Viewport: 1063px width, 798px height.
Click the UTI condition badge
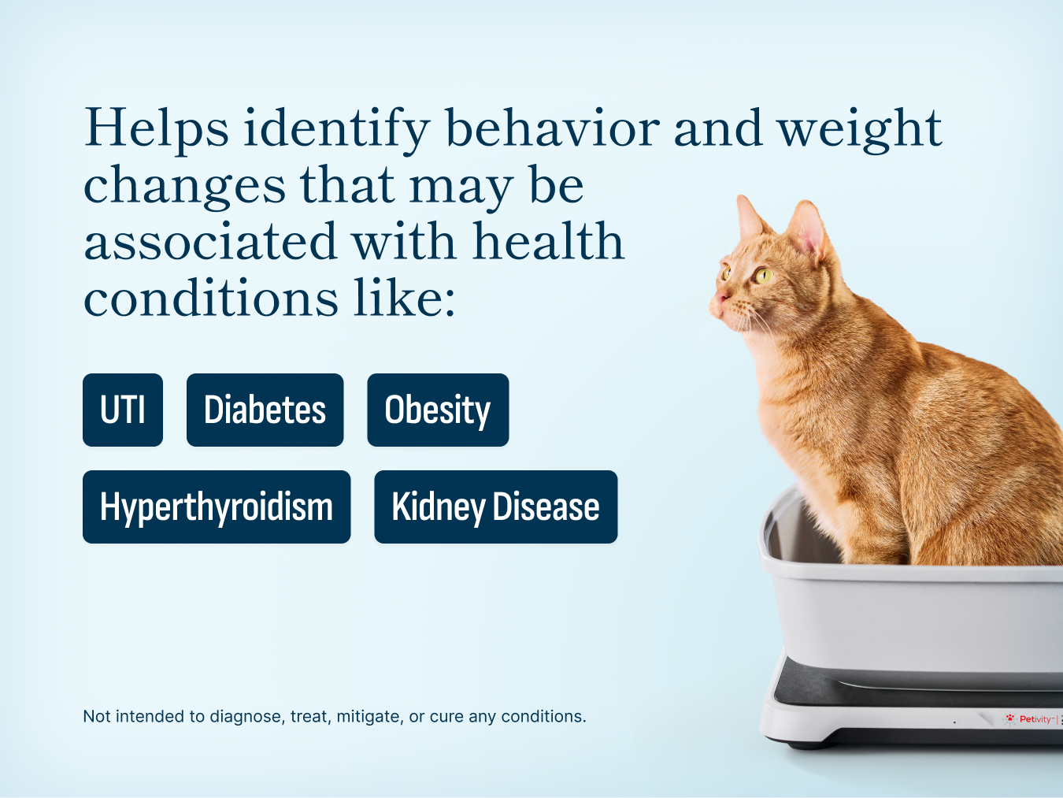(123, 410)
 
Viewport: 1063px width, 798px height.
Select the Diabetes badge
(265, 410)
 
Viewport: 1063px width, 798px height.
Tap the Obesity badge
(438, 410)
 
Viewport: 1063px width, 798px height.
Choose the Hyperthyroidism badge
(217, 507)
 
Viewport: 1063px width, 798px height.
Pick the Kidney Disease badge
(495, 507)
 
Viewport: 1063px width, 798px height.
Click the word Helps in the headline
(157, 128)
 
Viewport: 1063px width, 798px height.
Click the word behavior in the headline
(552, 128)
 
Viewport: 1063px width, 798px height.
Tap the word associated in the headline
(210, 242)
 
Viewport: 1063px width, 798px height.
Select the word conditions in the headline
(211, 299)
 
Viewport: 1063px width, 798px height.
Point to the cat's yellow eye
(761, 275)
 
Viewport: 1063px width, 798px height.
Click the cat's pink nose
(720, 296)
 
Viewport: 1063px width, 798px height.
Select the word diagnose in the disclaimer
(245, 717)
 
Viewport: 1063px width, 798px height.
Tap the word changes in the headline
(184, 186)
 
